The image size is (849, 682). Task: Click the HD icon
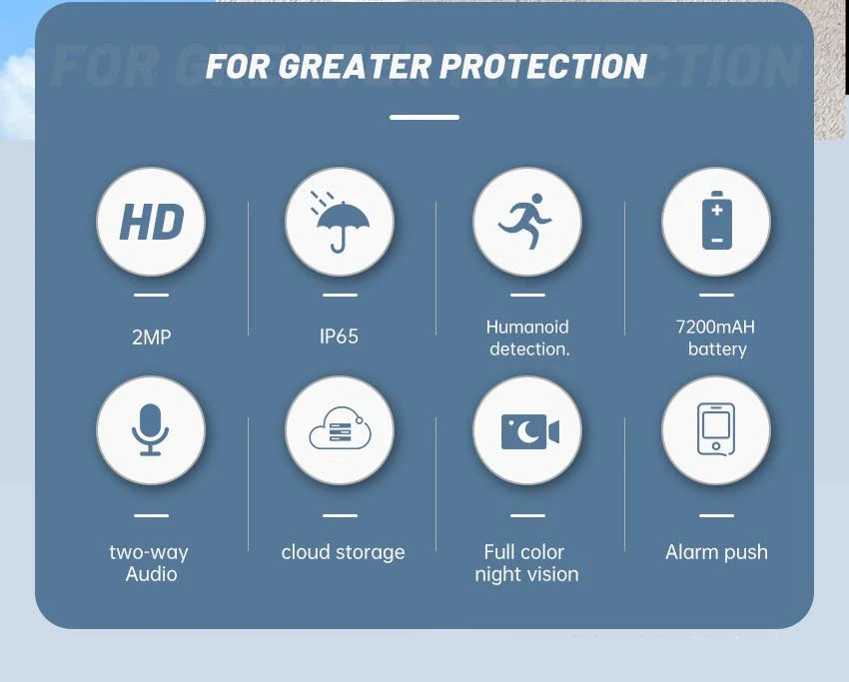(152, 222)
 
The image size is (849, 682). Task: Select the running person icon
(525, 221)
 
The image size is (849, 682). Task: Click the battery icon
(717, 221)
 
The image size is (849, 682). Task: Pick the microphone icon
(151, 429)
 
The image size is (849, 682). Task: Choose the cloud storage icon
(340, 428)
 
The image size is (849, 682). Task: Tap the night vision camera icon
(530, 432)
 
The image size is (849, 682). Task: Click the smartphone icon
(716, 429)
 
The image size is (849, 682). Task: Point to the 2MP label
(152, 338)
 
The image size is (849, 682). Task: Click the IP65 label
(339, 337)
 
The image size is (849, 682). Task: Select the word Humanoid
(527, 327)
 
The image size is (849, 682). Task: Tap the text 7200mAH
(715, 327)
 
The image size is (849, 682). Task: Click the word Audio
(152, 574)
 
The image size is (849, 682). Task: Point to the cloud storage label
(343, 552)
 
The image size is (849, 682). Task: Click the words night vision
(526, 574)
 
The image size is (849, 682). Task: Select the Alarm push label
(716, 552)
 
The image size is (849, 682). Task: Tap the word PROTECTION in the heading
(543, 67)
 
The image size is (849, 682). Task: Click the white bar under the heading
(424, 117)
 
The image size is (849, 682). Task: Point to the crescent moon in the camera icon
(526, 432)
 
